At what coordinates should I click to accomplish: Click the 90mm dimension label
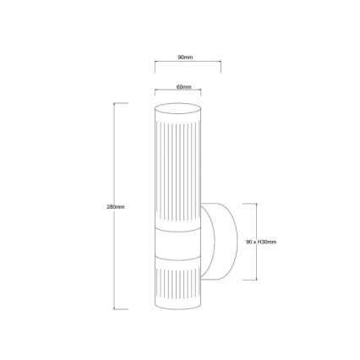tap(186, 57)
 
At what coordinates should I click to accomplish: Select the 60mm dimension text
tap(184, 86)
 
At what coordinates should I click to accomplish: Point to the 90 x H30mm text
tap(260, 241)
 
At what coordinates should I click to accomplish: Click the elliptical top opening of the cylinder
tap(176, 108)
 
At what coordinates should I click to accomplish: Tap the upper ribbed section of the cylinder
tap(176, 169)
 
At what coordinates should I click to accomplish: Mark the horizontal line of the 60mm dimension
tap(176, 92)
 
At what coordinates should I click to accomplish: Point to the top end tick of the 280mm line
tap(121, 104)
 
